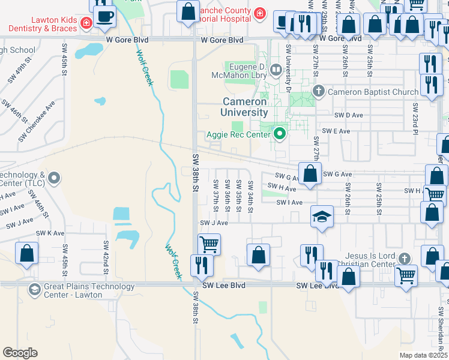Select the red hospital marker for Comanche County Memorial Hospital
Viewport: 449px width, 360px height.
259,14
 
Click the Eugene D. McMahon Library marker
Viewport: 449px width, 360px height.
276,70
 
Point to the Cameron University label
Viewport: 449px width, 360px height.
245,107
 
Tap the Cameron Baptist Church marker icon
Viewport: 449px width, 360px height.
318,92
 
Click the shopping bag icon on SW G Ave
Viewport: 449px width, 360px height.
310,173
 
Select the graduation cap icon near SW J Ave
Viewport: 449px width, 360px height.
322,217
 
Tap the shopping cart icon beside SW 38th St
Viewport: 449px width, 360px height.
209,244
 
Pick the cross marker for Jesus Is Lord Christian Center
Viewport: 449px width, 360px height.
405,258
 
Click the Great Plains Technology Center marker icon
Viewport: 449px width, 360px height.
35,290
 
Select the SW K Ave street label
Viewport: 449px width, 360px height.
50,233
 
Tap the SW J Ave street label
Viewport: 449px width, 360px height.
214,223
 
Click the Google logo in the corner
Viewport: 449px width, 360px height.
20,352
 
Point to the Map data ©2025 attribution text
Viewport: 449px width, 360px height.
423,355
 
